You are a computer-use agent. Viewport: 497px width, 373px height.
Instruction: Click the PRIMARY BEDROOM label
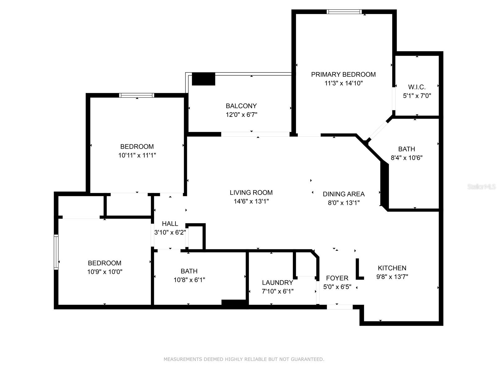(x=343, y=74)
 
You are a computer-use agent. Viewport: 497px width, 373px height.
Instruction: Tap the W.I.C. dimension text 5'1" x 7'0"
(x=417, y=96)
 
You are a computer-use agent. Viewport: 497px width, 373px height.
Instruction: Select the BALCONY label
(x=241, y=106)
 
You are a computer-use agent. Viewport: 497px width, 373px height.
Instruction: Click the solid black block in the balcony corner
(x=203, y=79)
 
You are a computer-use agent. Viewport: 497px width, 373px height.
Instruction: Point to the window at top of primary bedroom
(x=344, y=12)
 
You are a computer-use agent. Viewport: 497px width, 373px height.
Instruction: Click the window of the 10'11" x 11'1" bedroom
(x=137, y=95)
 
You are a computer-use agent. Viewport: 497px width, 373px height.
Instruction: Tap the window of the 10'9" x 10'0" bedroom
(x=56, y=252)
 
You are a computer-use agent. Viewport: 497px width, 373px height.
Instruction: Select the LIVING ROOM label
(x=251, y=192)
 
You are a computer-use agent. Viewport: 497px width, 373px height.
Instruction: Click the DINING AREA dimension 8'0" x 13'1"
(x=344, y=203)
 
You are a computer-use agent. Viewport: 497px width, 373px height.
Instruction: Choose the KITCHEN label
(x=392, y=268)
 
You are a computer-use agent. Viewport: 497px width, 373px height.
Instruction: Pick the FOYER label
(x=337, y=278)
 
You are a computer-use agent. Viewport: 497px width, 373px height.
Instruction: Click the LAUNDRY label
(x=277, y=283)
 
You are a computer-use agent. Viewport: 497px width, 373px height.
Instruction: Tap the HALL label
(x=170, y=223)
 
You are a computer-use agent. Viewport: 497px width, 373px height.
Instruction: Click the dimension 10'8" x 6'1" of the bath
(x=189, y=280)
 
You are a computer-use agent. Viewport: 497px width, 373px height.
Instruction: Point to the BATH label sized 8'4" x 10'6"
(x=406, y=149)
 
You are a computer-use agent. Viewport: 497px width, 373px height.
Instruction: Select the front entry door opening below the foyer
(x=340, y=307)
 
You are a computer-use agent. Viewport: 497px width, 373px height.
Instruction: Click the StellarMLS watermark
(x=481, y=187)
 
